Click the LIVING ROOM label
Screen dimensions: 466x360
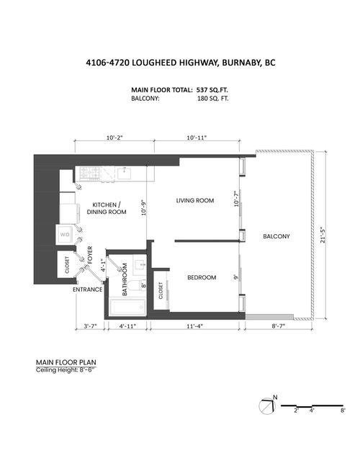(195, 200)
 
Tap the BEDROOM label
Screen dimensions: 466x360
(202, 277)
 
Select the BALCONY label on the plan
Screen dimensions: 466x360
(277, 236)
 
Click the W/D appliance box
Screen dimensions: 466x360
(65, 234)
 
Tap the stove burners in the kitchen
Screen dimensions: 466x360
(90, 172)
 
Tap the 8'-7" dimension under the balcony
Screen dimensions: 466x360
(279, 327)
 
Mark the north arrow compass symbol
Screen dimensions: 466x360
(267, 405)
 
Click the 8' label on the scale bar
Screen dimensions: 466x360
(342, 411)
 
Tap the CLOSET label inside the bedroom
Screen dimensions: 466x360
(161, 289)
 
